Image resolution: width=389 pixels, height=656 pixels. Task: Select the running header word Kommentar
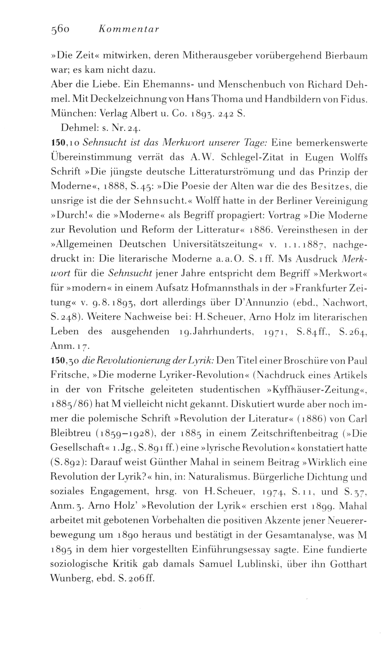128,30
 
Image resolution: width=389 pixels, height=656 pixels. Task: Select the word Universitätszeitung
216,244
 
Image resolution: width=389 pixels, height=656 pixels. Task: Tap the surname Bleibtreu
70,433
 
